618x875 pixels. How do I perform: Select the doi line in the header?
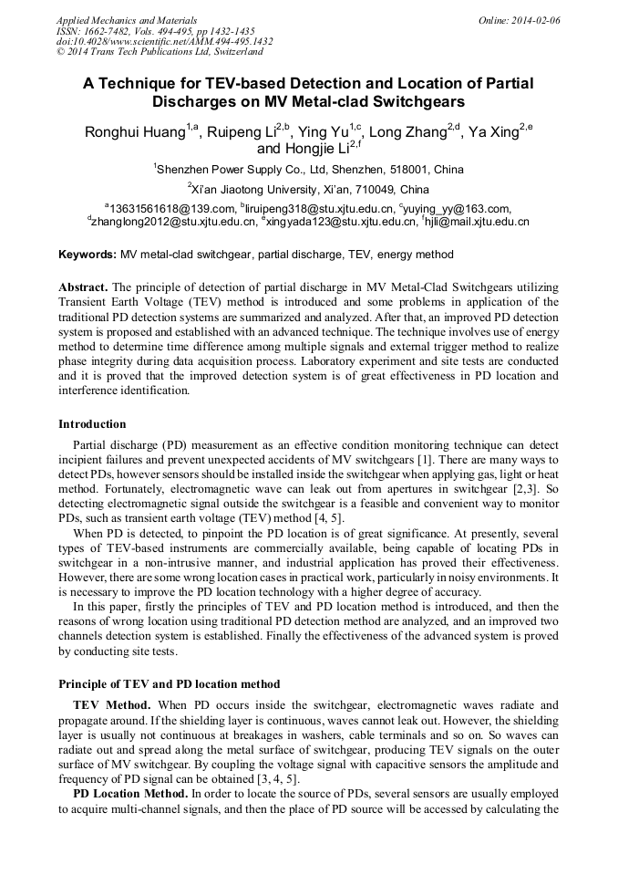(164, 42)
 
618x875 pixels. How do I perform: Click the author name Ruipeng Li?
(241, 132)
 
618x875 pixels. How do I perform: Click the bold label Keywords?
(88, 254)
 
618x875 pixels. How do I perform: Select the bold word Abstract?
(83, 286)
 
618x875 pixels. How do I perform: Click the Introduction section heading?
(92, 423)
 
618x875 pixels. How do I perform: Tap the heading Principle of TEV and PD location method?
(169, 683)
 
